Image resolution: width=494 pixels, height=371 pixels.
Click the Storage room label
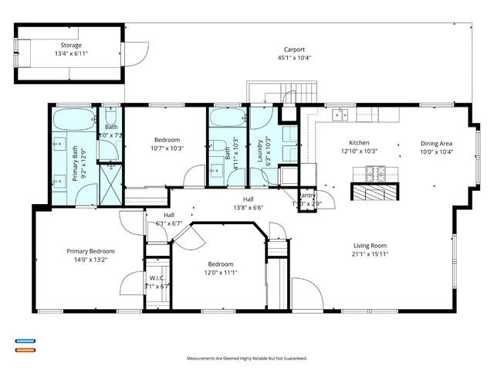click(71, 45)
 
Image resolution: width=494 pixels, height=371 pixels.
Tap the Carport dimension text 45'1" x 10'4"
click(293, 58)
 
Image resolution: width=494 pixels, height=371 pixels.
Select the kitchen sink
click(339, 115)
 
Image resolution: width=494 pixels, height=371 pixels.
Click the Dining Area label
click(436, 143)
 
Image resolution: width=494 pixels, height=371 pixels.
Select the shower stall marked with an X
click(112, 188)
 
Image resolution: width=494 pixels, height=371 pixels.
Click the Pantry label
click(307, 196)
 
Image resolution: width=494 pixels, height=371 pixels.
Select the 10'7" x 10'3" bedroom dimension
click(167, 148)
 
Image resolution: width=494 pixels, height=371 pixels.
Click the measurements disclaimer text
click(247, 359)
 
